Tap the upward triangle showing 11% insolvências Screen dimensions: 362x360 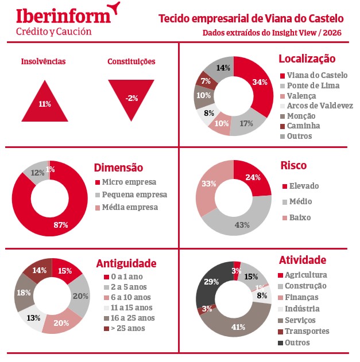pos(44,103)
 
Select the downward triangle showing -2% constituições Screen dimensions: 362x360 pos(132,95)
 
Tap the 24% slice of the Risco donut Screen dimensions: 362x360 pos(252,178)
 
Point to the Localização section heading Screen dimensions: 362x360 pos(307,59)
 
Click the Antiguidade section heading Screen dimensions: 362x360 pos(126,263)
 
